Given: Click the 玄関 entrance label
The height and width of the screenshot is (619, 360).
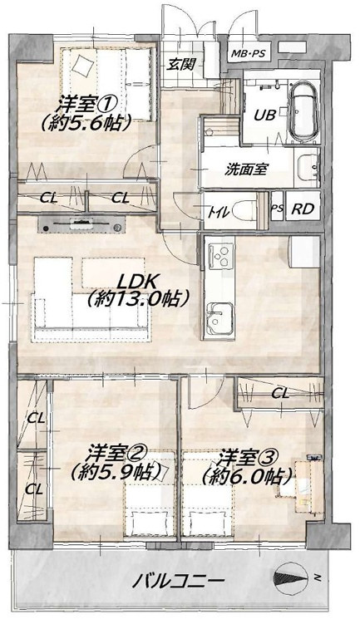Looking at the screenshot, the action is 180,63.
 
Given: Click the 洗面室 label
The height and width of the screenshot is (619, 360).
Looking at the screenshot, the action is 246,169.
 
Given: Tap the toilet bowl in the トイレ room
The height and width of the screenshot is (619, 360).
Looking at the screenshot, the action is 244,211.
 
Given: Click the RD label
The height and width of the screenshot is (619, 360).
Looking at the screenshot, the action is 302,209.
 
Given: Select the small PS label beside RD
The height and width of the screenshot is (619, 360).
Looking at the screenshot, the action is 277,209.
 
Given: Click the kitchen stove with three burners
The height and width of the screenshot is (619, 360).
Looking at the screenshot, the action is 219,254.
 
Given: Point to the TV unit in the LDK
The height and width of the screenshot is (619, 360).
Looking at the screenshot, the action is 81,224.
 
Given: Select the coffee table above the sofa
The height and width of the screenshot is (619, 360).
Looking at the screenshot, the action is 113,273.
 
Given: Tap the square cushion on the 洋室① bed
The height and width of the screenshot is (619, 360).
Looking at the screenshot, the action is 83,65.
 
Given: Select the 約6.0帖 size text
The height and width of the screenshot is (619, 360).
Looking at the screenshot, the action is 247,476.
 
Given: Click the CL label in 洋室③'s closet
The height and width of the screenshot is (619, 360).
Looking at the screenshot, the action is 280,392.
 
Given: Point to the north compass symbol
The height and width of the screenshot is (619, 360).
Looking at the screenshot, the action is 292,578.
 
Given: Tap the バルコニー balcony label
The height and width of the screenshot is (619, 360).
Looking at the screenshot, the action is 178,580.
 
